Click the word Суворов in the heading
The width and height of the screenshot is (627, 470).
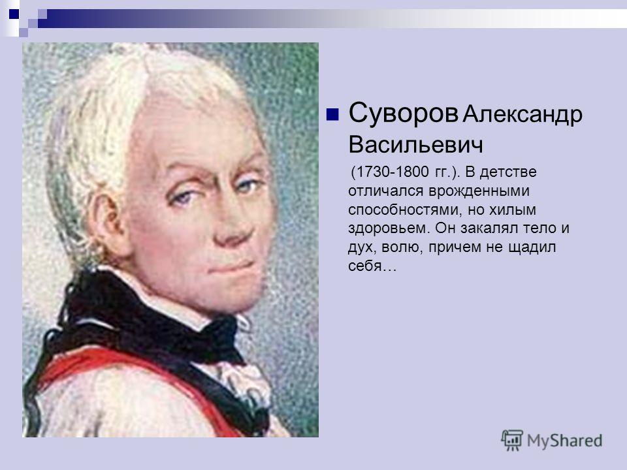point(404,113)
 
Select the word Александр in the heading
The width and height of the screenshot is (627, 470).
point(522,116)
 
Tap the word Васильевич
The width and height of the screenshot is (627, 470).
point(416,144)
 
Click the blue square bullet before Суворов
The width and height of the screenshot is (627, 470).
point(332,114)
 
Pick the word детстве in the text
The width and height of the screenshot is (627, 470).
point(508,172)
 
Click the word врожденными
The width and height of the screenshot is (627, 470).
point(479,191)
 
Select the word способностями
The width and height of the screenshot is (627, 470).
point(403,210)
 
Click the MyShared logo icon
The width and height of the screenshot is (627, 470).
point(512,441)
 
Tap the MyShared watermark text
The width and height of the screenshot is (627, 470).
point(564,441)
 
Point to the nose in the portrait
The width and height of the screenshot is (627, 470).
point(233,230)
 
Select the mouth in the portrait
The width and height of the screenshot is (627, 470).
point(231,267)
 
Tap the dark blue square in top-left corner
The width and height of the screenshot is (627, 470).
point(14,14)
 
